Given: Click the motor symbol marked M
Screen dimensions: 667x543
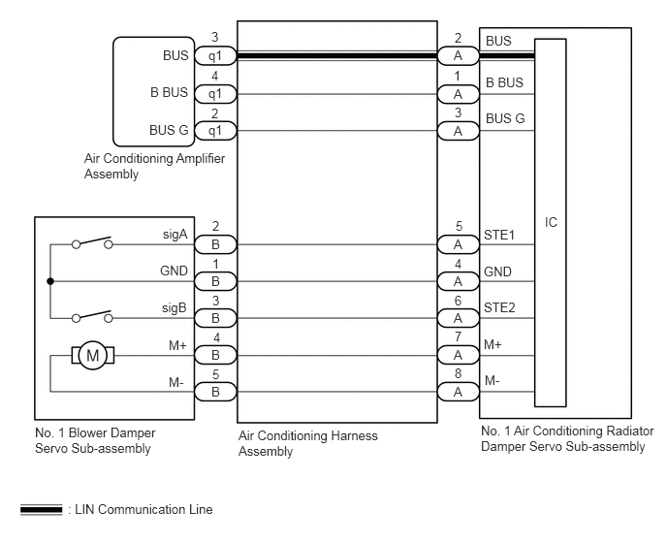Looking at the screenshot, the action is click(x=93, y=355).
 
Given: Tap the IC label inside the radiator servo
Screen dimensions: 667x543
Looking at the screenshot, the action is click(x=551, y=222).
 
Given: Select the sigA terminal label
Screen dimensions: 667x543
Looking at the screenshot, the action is click(x=175, y=234).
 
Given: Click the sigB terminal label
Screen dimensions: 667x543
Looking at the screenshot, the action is click(x=175, y=307).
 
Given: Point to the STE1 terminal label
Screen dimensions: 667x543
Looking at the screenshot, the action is click(x=499, y=235).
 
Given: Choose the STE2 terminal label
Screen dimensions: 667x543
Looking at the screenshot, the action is click(x=499, y=307).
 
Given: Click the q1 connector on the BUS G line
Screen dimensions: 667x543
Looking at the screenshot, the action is click(x=215, y=131).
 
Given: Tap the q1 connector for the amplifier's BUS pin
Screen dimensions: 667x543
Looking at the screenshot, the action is click(x=215, y=55).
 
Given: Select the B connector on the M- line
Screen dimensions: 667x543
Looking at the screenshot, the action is click(x=215, y=392).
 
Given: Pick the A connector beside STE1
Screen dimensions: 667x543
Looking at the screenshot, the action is click(x=459, y=244).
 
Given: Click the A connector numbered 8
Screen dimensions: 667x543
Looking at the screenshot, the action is click(x=459, y=392).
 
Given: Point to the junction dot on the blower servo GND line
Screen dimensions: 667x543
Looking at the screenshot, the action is click(x=50, y=281).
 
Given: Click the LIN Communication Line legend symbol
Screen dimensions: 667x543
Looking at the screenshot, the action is click(x=42, y=509).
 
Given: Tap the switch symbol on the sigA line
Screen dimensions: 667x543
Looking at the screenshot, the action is click(x=92, y=242).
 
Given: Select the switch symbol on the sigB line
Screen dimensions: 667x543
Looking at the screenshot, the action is click(x=92, y=316).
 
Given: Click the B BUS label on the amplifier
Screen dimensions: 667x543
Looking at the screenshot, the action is click(x=169, y=92).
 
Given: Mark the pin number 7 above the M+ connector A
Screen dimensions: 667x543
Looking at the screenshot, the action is click(x=459, y=336).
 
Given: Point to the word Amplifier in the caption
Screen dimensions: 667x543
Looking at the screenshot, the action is click(x=201, y=159).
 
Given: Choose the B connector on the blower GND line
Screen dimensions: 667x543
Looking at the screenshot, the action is click(x=215, y=281).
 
